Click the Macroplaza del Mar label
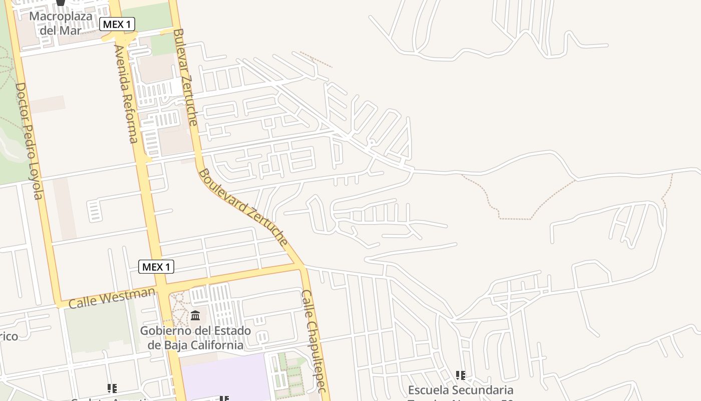tap(61, 23)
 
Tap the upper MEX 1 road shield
tap(117, 24)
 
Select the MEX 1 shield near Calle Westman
tap(156, 267)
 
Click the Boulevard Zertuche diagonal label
tap(244, 208)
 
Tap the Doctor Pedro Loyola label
tap(29, 141)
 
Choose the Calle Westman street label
tap(111, 297)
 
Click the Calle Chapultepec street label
tap(314, 341)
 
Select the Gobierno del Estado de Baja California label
tap(195, 338)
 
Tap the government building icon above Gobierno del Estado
tap(195, 316)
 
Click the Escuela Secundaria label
tap(461, 390)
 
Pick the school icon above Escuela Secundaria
tap(461, 375)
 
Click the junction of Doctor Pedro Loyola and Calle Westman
tap(59, 303)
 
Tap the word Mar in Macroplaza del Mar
tap(71, 30)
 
